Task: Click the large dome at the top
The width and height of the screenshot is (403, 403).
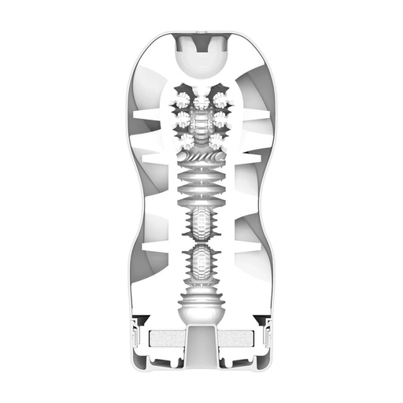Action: tap(201, 61)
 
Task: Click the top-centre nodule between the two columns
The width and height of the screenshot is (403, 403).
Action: tap(201, 101)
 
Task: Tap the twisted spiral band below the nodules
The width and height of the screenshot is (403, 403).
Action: tap(201, 157)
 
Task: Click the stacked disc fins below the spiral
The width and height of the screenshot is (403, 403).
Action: tap(201, 186)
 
